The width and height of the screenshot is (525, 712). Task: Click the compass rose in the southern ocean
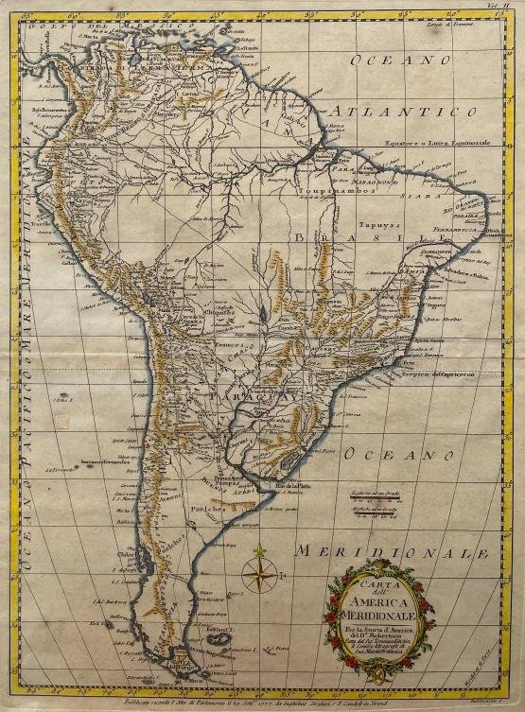[x=258, y=574]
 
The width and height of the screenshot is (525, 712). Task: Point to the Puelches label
[x=212, y=507]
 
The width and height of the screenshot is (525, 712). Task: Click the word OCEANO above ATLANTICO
[x=389, y=60]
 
